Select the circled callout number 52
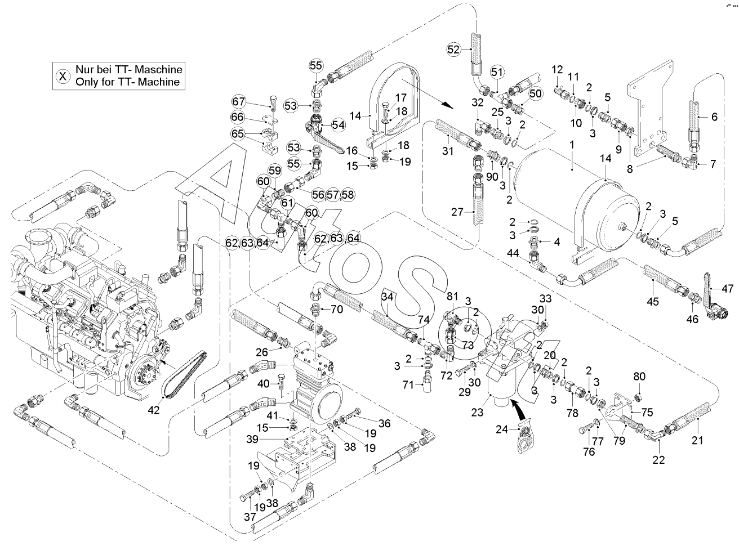point(454,50)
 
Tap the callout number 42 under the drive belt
point(154,410)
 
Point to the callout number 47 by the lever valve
point(728,289)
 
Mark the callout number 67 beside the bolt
point(239,102)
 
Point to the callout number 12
point(557,69)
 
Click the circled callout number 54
point(338,125)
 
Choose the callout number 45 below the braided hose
point(652,302)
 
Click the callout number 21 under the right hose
point(697,441)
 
